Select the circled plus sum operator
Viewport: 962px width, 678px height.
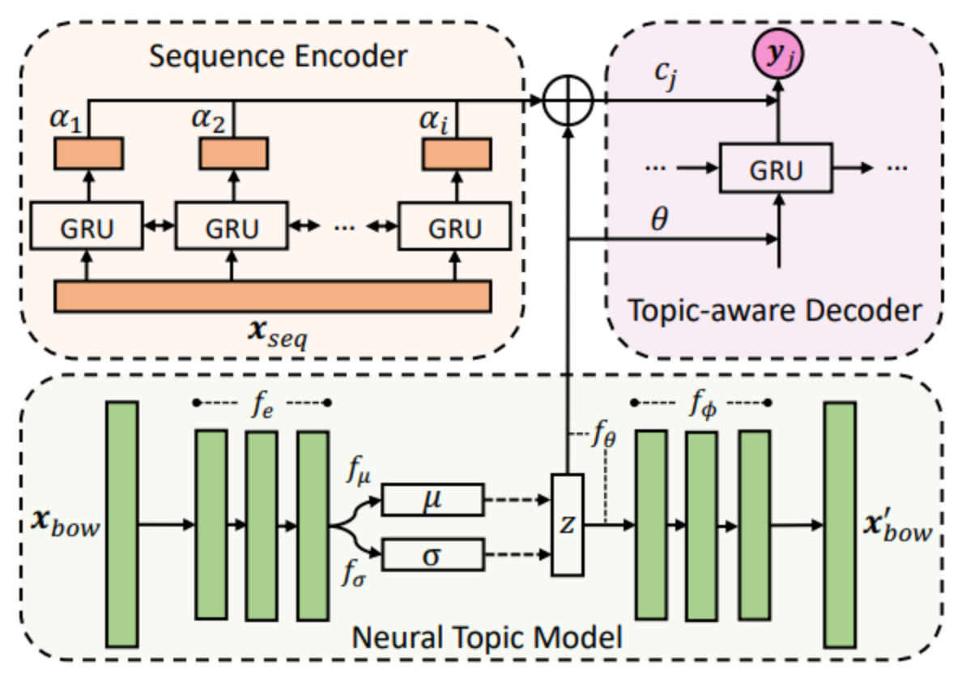pyautogui.click(x=569, y=100)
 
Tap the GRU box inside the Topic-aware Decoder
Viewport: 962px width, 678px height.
pyautogui.click(x=777, y=169)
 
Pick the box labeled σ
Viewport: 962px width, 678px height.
pyautogui.click(x=432, y=556)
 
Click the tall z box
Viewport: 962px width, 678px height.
pyautogui.click(x=568, y=525)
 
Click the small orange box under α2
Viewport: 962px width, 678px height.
pyautogui.click(x=232, y=153)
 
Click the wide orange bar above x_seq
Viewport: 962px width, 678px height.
pyautogui.click(x=272, y=296)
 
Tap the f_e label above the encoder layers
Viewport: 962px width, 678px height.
pyautogui.click(x=262, y=402)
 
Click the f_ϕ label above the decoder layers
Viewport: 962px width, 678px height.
pyautogui.click(x=701, y=402)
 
